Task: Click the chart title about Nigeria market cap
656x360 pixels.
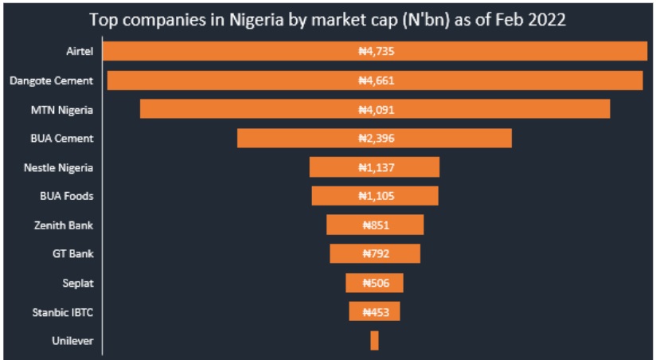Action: [327, 20]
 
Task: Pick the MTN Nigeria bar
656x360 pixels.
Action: [239, 109]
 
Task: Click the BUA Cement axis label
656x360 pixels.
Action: [62, 138]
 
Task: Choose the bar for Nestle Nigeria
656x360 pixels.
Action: [334, 167]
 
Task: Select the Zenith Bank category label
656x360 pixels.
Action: [64, 225]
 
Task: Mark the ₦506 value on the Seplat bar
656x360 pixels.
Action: [375, 283]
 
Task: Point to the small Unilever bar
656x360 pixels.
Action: [374, 341]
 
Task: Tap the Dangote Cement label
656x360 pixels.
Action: [51, 80]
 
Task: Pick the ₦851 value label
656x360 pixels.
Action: [375, 225]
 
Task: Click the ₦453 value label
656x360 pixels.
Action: [375, 312]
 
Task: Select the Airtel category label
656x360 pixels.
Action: [80, 52]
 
